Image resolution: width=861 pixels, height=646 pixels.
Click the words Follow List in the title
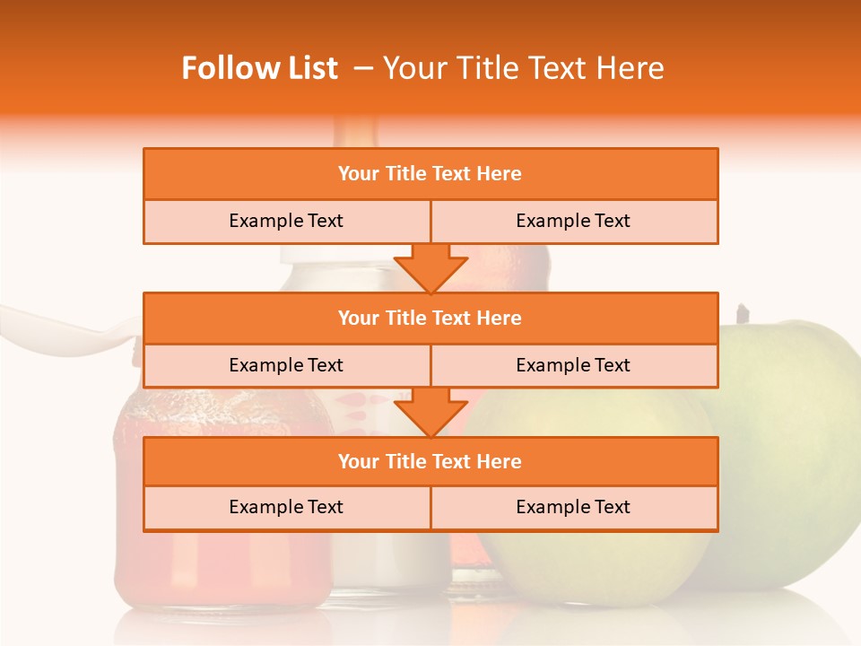pos(260,68)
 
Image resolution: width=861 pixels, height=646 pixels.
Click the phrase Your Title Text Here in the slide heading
pos(523,68)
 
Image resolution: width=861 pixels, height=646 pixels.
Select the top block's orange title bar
pos(430,174)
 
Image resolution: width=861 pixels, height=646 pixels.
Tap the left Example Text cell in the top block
pos(287,221)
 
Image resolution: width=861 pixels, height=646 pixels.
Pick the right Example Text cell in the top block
pos(574,221)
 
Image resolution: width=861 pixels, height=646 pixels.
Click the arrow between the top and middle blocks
pos(430,268)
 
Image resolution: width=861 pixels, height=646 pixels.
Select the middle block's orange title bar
pos(430,318)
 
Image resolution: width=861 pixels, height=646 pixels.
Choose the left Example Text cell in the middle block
pos(287,365)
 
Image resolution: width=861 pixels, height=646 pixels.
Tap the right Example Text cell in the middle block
pos(574,365)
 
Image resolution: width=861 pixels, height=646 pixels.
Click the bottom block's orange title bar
pos(430,461)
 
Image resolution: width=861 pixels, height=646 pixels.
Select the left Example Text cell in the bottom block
pos(287,507)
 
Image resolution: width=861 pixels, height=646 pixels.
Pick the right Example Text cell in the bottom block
pos(574,507)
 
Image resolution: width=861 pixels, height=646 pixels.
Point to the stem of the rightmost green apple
pos(742,313)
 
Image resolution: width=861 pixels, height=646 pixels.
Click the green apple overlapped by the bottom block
pos(592,565)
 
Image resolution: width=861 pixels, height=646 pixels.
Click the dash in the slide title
pos(363,68)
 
